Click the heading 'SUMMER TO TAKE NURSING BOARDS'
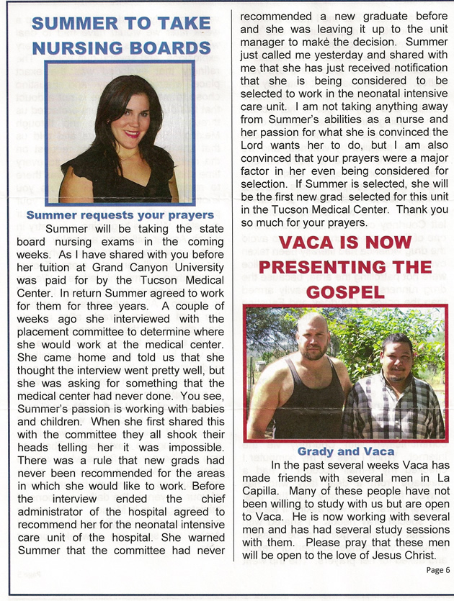(x=120, y=35)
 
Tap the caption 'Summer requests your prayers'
(x=120, y=214)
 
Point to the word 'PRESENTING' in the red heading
(x=345, y=266)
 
